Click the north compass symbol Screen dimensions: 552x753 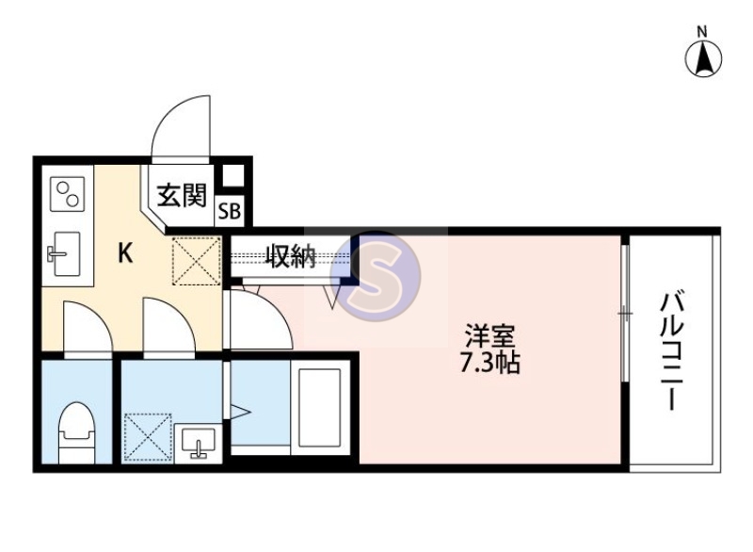coord(702,60)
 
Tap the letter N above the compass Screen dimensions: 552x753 coord(702,31)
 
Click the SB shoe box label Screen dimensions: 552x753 coord(230,212)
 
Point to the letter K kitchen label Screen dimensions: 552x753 coord(124,252)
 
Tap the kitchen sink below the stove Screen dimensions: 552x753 coord(65,253)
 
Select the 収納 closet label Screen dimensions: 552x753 coord(290,256)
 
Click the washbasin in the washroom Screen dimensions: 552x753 coord(199,440)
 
